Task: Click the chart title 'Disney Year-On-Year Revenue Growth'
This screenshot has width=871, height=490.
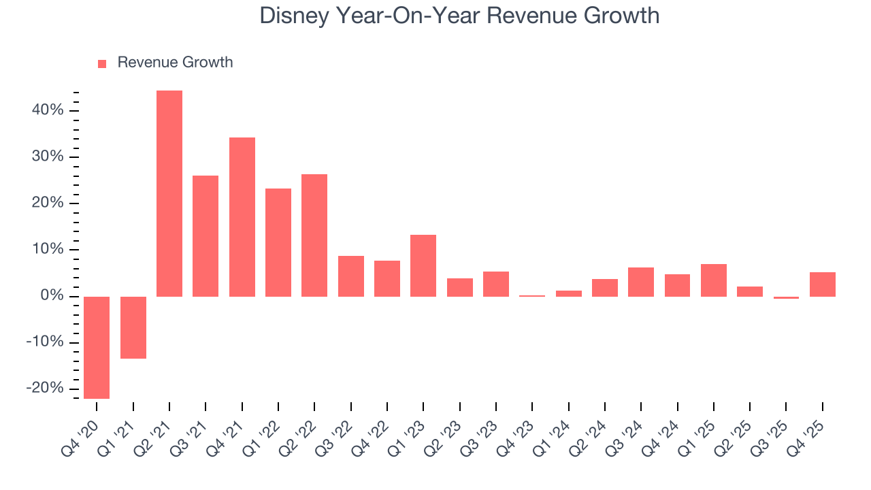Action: click(459, 16)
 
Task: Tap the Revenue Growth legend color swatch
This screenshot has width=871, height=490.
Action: click(102, 63)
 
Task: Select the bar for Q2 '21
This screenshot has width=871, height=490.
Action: click(169, 193)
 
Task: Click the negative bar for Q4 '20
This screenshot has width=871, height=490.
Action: click(97, 347)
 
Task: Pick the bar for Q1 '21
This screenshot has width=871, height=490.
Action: click(133, 327)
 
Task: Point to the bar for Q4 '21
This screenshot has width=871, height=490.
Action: click(242, 216)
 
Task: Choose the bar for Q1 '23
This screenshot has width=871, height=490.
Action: click(423, 265)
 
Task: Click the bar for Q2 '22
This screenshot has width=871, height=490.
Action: click(314, 235)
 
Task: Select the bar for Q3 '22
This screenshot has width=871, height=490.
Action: click(351, 276)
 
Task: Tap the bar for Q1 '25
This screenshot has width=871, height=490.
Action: click(714, 280)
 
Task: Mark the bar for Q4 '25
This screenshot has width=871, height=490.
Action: click(823, 284)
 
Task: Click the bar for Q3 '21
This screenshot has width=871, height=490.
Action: click(206, 235)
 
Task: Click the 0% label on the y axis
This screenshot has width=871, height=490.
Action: click(52, 296)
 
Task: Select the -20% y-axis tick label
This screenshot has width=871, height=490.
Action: click(45, 388)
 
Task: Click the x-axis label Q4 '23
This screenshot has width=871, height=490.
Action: click(518, 430)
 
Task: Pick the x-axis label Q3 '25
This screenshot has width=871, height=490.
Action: click(772, 430)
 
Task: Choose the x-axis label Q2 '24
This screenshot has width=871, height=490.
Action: click(591, 430)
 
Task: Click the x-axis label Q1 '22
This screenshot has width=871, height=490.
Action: click(264, 430)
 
